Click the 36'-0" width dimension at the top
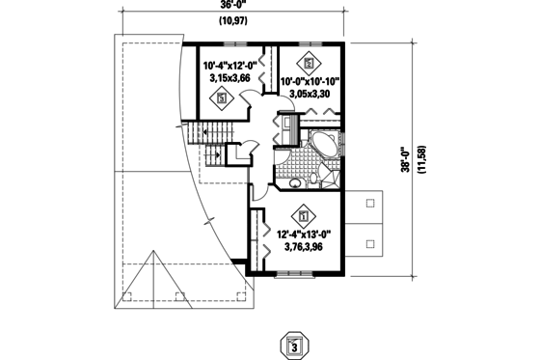tap(230, 6)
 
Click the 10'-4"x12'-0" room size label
tap(229, 66)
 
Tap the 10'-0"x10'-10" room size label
tap(310, 82)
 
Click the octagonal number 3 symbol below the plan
tap(296, 345)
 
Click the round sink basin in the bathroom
tap(294, 181)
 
